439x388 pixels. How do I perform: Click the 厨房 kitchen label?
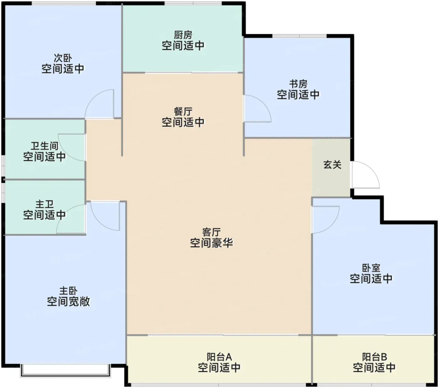(183, 35)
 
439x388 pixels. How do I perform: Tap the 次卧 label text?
(63, 58)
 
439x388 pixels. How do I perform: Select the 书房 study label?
(299, 84)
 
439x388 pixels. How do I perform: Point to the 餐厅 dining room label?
(183, 112)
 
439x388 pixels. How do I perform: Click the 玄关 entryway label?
(333, 165)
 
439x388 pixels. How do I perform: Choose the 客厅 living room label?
(211, 232)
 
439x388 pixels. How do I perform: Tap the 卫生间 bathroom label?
(45, 146)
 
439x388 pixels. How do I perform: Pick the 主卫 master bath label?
(45, 204)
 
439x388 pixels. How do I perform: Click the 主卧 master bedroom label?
(68, 291)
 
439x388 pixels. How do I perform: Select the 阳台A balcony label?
(219, 357)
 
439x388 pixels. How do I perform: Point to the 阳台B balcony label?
(374, 357)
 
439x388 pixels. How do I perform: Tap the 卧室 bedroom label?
(371, 268)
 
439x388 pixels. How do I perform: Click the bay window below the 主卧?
(66, 371)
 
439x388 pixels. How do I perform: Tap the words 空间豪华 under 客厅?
(211, 243)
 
